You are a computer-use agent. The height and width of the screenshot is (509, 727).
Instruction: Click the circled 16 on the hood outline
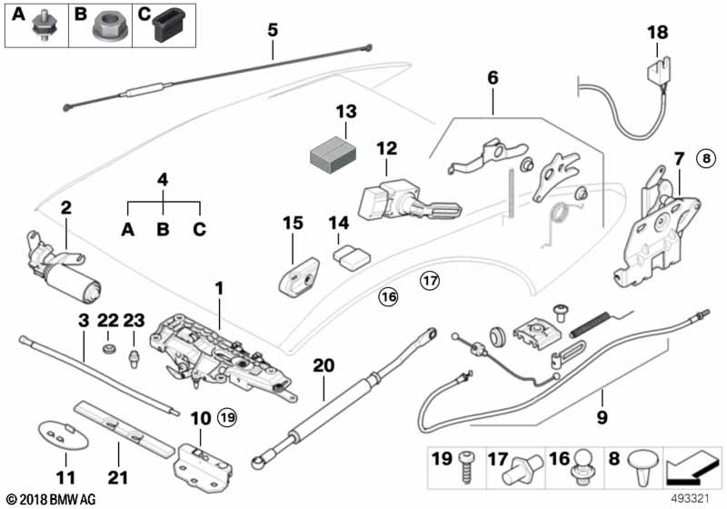coord(388,295)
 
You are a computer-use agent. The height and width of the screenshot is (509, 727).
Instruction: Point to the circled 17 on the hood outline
coord(429,281)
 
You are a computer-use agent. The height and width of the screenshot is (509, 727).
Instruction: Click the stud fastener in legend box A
coord(42,29)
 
